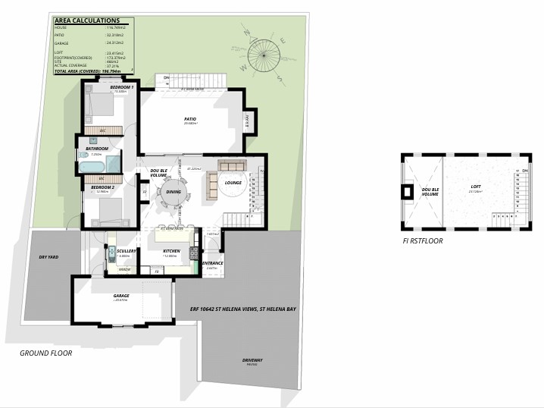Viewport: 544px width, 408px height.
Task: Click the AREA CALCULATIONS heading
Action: (x=87, y=21)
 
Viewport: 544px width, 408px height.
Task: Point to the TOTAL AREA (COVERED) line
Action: (x=89, y=70)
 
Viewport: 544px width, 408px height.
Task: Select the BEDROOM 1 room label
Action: (x=121, y=87)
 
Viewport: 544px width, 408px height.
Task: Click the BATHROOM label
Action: (x=97, y=149)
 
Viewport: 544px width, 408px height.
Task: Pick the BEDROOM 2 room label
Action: (x=102, y=187)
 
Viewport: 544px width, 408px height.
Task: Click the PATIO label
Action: (x=191, y=119)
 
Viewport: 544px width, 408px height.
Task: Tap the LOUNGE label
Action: (x=233, y=183)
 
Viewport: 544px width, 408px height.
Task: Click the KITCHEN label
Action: (x=172, y=250)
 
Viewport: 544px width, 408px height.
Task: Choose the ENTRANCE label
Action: (x=212, y=263)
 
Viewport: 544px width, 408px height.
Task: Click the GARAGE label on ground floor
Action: (x=121, y=296)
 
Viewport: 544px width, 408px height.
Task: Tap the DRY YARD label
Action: (x=48, y=257)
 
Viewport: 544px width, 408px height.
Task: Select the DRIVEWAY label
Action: (x=252, y=359)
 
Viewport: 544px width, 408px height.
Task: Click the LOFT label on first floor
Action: (x=475, y=187)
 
